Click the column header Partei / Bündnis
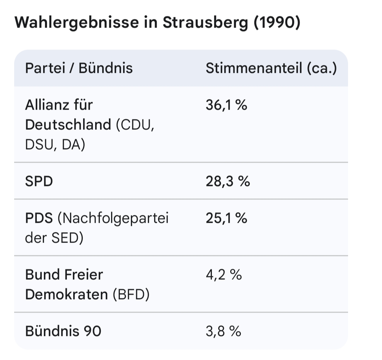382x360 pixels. point(79,68)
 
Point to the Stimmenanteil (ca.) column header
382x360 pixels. point(271,68)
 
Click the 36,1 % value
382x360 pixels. point(226,105)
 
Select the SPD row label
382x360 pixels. point(39,181)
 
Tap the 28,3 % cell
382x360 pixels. point(227,181)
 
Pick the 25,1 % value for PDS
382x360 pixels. point(226,218)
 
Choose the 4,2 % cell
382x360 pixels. point(224,274)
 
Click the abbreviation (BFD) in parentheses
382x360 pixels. point(131,295)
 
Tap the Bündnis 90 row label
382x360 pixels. point(63,331)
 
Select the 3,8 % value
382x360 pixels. point(223,331)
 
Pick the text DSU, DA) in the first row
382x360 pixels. point(55,145)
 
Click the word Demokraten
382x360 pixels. point(66,295)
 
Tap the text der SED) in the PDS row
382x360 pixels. point(54,238)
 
